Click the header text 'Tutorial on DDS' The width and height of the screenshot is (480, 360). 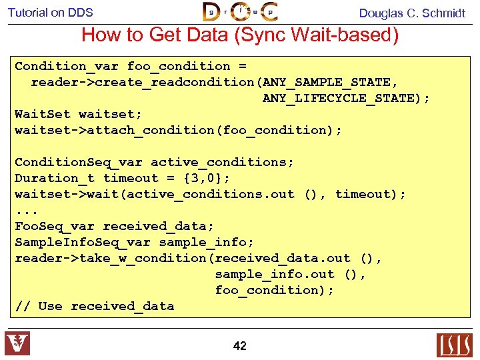pyautogui.click(x=51, y=12)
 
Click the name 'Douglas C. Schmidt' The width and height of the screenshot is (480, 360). pyautogui.click(x=412, y=13)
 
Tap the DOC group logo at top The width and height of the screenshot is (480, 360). pyautogui.click(x=240, y=12)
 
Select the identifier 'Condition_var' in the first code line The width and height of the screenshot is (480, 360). pyautogui.click(x=67, y=66)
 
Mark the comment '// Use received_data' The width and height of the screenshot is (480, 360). pyautogui.click(x=95, y=306)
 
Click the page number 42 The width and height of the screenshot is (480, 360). pyautogui.click(x=240, y=345)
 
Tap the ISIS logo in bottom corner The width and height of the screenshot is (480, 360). pyautogui.click(x=454, y=345)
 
